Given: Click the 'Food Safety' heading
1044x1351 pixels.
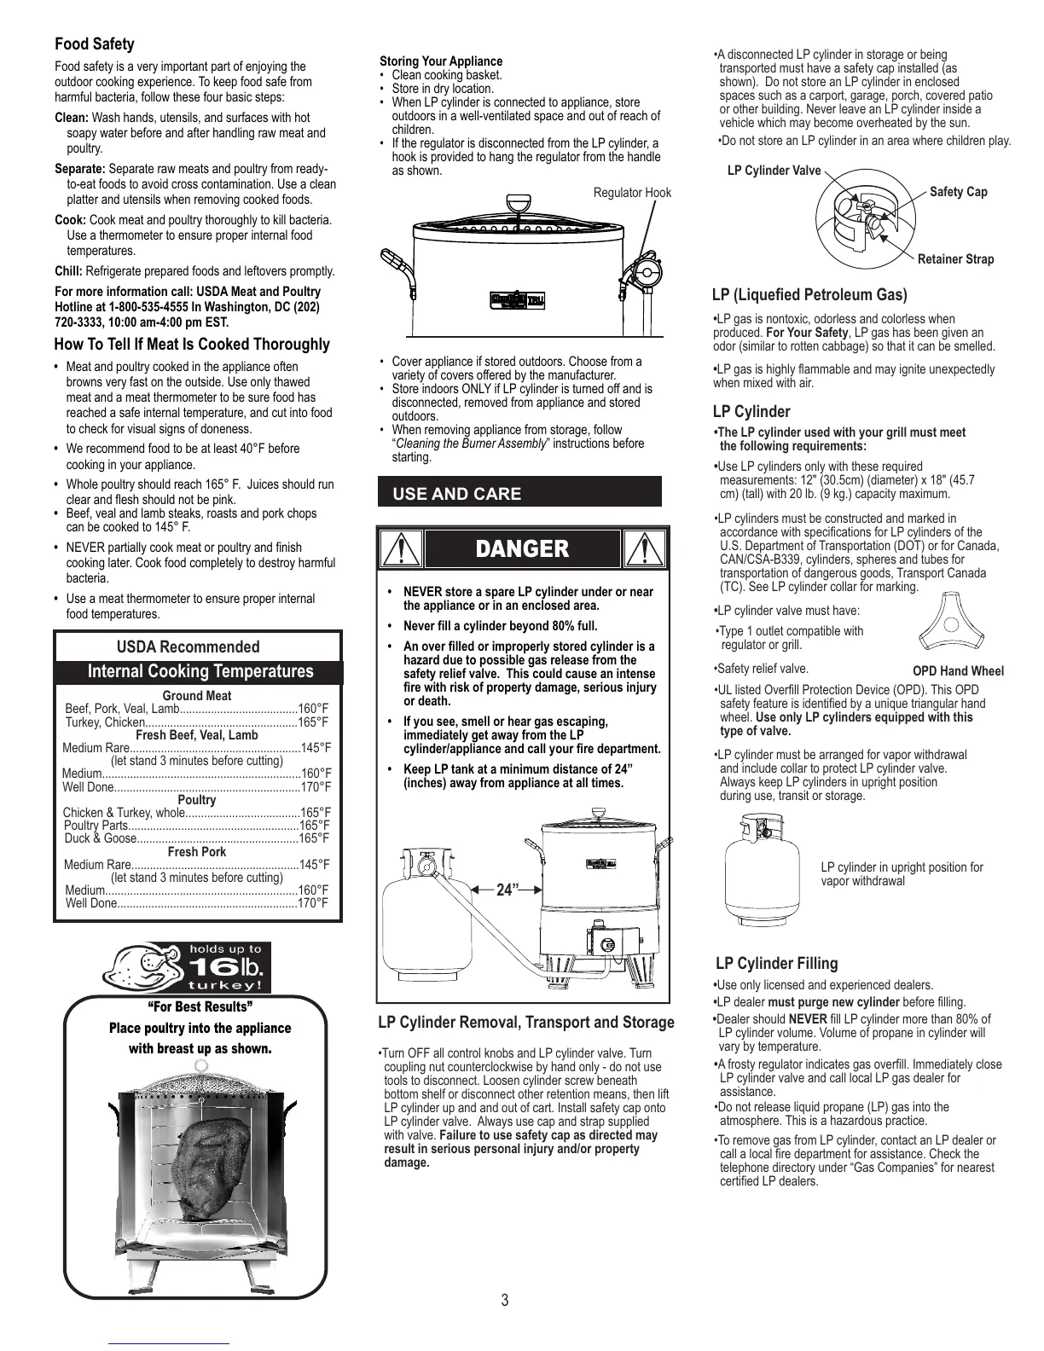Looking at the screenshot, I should [94, 44].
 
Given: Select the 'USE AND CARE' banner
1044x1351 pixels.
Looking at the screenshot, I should [456, 494].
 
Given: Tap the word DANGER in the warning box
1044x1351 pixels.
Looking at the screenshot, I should [521, 549].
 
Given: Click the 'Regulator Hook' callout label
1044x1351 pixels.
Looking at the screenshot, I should [632, 193].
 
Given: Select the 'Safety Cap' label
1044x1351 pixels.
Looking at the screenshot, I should [958, 192].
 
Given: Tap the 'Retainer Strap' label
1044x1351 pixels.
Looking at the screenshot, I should [955, 259].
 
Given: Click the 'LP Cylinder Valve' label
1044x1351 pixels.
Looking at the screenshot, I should [774, 171].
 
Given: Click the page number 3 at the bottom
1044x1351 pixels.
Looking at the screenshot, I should [505, 1301].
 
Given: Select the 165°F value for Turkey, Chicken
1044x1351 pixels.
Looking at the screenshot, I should [313, 722].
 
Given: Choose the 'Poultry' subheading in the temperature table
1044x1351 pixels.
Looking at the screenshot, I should [197, 800].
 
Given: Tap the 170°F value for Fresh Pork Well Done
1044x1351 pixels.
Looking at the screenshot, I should [313, 903].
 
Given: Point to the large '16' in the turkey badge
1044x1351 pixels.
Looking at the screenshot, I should [209, 967].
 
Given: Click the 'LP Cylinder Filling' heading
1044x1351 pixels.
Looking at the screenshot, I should [776, 964].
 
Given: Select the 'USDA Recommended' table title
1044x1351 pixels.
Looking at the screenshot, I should [188, 647].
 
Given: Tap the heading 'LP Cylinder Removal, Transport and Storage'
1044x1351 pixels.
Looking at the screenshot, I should [525, 1023].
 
